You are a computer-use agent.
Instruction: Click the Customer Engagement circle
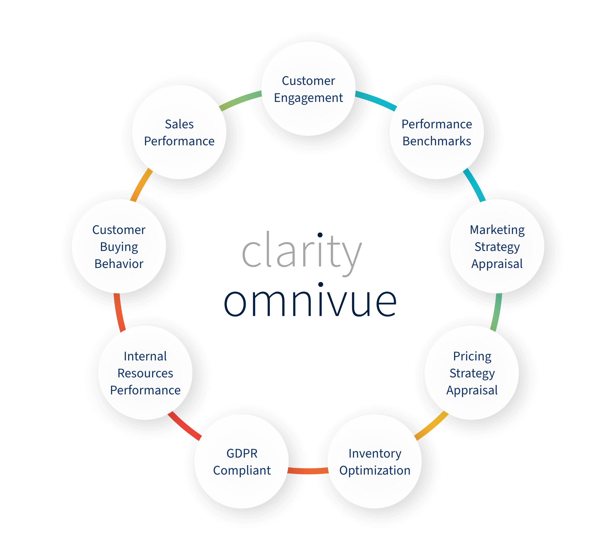308,89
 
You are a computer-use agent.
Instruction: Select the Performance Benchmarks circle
437,132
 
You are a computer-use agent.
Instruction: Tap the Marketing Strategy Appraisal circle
497,246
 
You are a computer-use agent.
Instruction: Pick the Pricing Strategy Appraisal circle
472,373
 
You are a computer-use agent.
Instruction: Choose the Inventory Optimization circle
375,461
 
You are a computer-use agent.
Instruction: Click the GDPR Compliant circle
241,461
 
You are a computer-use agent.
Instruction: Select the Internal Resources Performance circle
145,373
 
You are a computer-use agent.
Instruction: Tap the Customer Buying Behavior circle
119,246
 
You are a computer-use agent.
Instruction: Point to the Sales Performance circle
179,132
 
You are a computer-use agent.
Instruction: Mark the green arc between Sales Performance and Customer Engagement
241,100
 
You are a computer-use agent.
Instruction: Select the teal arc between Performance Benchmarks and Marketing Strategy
475,185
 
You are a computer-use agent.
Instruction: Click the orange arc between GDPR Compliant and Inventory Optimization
308,471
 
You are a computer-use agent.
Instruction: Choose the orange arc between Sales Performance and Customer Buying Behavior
141,185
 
